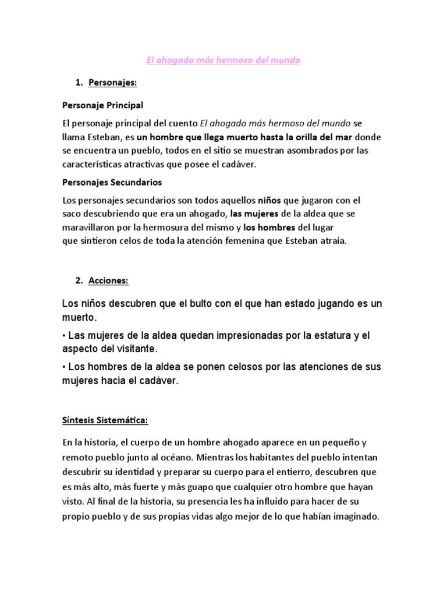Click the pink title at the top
(222, 61)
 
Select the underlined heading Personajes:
(112, 83)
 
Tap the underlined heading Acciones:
(108, 281)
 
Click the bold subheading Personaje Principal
(102, 106)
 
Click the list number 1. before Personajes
(80, 83)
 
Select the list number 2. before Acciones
(80, 281)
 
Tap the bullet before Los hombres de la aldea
(63, 367)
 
